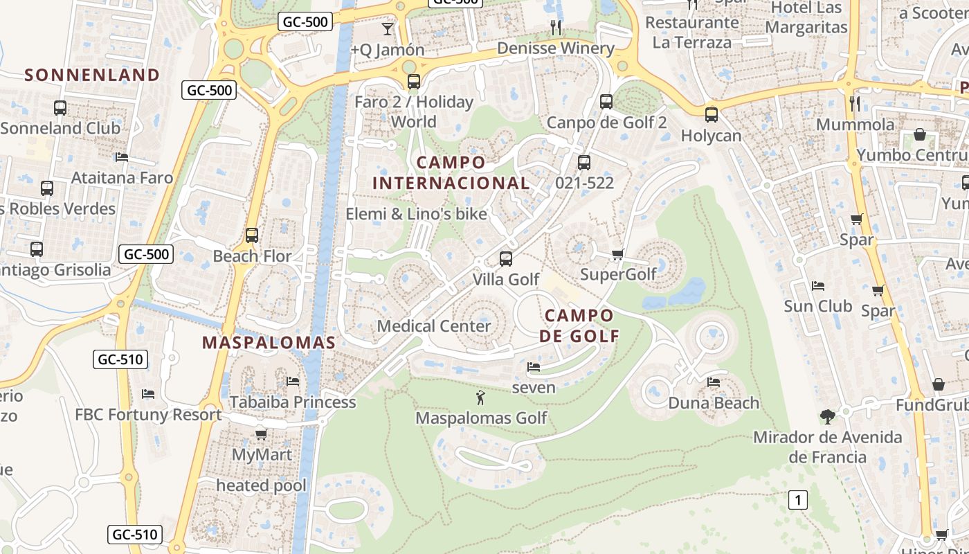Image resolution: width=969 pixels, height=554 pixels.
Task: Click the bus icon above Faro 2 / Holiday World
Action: [x=413, y=82]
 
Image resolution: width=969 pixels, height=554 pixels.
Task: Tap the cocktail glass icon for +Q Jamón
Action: [x=388, y=29]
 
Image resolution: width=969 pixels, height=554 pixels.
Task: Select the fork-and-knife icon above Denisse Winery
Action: [x=556, y=27]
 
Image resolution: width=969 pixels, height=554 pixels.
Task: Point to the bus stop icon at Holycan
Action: [x=711, y=115]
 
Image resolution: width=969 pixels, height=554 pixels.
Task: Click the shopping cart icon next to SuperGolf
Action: [x=618, y=254]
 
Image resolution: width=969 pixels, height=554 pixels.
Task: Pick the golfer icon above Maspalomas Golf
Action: [x=480, y=397]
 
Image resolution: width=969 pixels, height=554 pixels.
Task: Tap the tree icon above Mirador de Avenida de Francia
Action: [x=827, y=416]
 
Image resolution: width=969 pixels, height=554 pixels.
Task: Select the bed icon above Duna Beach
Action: [x=714, y=382]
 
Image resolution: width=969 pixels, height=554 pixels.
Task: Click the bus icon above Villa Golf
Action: [x=506, y=259]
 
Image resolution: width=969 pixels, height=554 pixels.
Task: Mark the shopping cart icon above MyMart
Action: [x=262, y=434]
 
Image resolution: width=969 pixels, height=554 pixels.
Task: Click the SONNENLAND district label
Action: [x=92, y=75]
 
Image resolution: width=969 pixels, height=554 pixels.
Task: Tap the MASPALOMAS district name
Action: [x=269, y=342]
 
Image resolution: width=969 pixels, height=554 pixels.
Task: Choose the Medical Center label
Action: [x=434, y=326]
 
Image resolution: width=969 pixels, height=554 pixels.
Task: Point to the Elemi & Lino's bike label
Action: [x=417, y=214]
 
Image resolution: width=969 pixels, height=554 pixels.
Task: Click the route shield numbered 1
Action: [x=798, y=500]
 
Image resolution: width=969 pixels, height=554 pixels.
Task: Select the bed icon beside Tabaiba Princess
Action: [x=293, y=382]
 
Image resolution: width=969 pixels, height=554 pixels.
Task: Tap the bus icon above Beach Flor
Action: [x=252, y=235]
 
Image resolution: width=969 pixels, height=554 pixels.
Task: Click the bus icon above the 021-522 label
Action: [x=584, y=163]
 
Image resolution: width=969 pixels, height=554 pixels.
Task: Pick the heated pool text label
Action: [x=261, y=485]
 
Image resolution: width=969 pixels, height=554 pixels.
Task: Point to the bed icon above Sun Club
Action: [x=817, y=285]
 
